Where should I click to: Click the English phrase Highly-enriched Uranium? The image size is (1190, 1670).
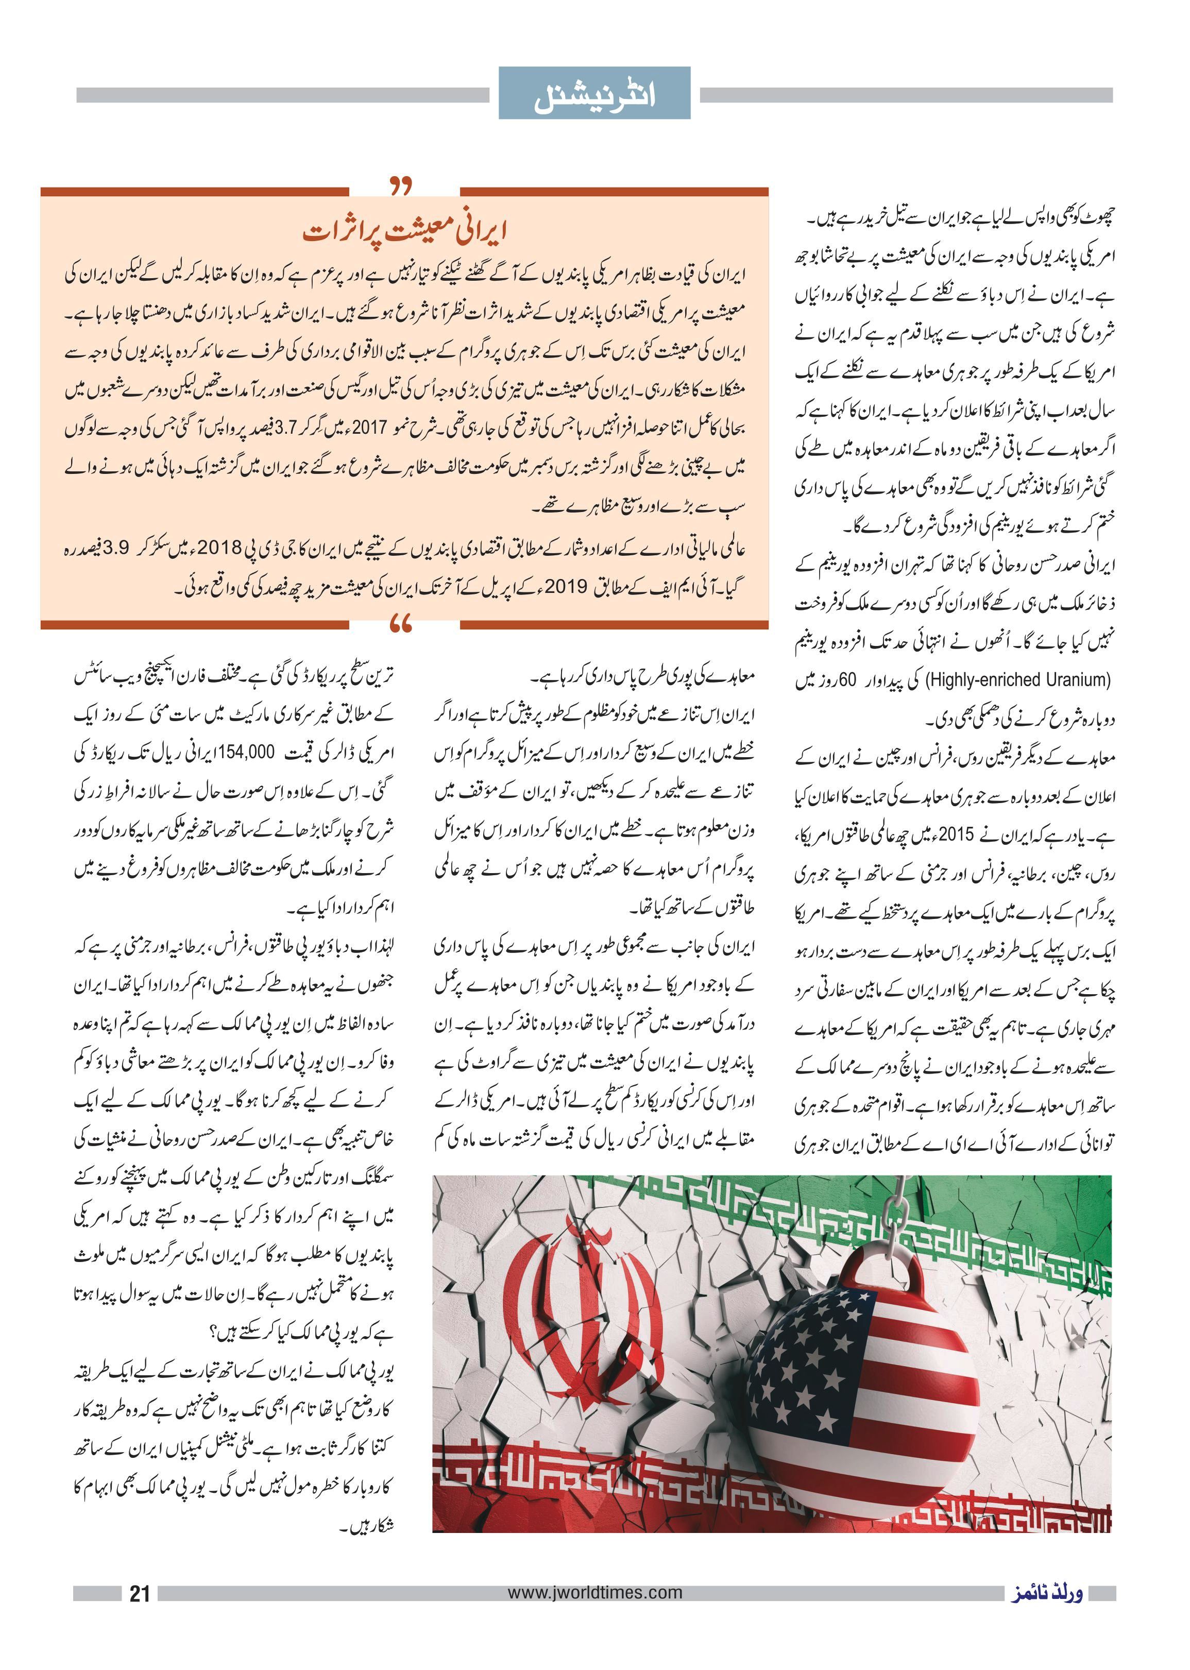[1018, 680]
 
